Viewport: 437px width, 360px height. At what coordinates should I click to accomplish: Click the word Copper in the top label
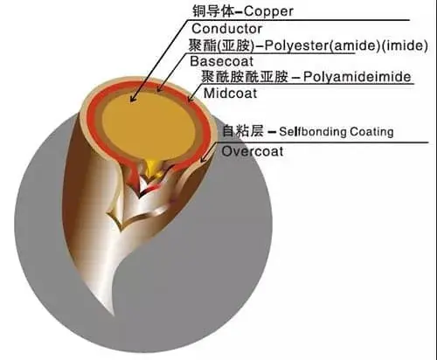click(x=268, y=11)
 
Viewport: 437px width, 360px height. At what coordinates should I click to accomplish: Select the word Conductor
click(x=226, y=29)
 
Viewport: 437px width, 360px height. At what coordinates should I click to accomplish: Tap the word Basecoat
click(x=221, y=61)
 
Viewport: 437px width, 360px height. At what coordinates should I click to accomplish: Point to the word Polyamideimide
click(x=357, y=77)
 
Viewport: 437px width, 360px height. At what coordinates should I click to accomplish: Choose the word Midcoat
click(x=230, y=93)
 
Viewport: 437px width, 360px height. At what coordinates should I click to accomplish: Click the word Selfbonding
click(x=313, y=132)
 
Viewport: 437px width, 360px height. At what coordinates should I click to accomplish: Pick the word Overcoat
click(x=253, y=151)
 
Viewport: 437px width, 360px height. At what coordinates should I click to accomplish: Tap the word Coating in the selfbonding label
click(x=371, y=132)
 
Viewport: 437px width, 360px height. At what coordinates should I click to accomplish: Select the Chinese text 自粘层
click(x=243, y=131)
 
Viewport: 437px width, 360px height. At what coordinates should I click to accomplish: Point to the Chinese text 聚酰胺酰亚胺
click(x=245, y=77)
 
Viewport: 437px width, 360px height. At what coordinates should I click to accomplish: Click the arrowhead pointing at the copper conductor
click(x=133, y=99)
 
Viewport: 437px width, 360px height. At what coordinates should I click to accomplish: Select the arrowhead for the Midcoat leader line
click(x=191, y=99)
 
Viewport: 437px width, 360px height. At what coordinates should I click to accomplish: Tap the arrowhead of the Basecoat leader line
click(x=159, y=88)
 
